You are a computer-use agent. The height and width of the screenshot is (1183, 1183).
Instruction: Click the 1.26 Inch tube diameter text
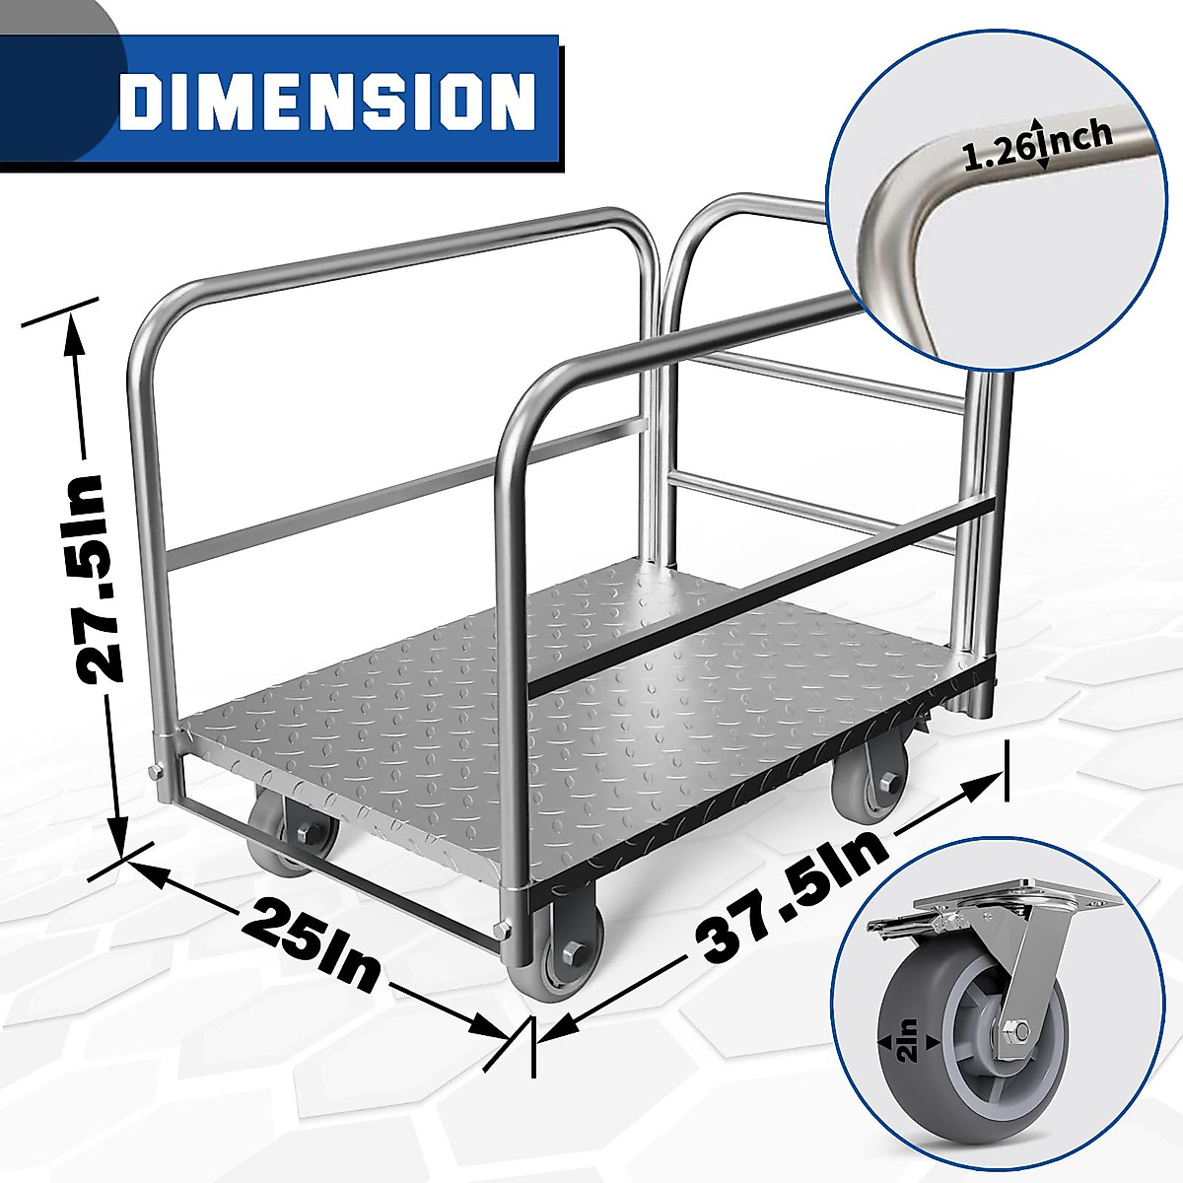pos(1037,147)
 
